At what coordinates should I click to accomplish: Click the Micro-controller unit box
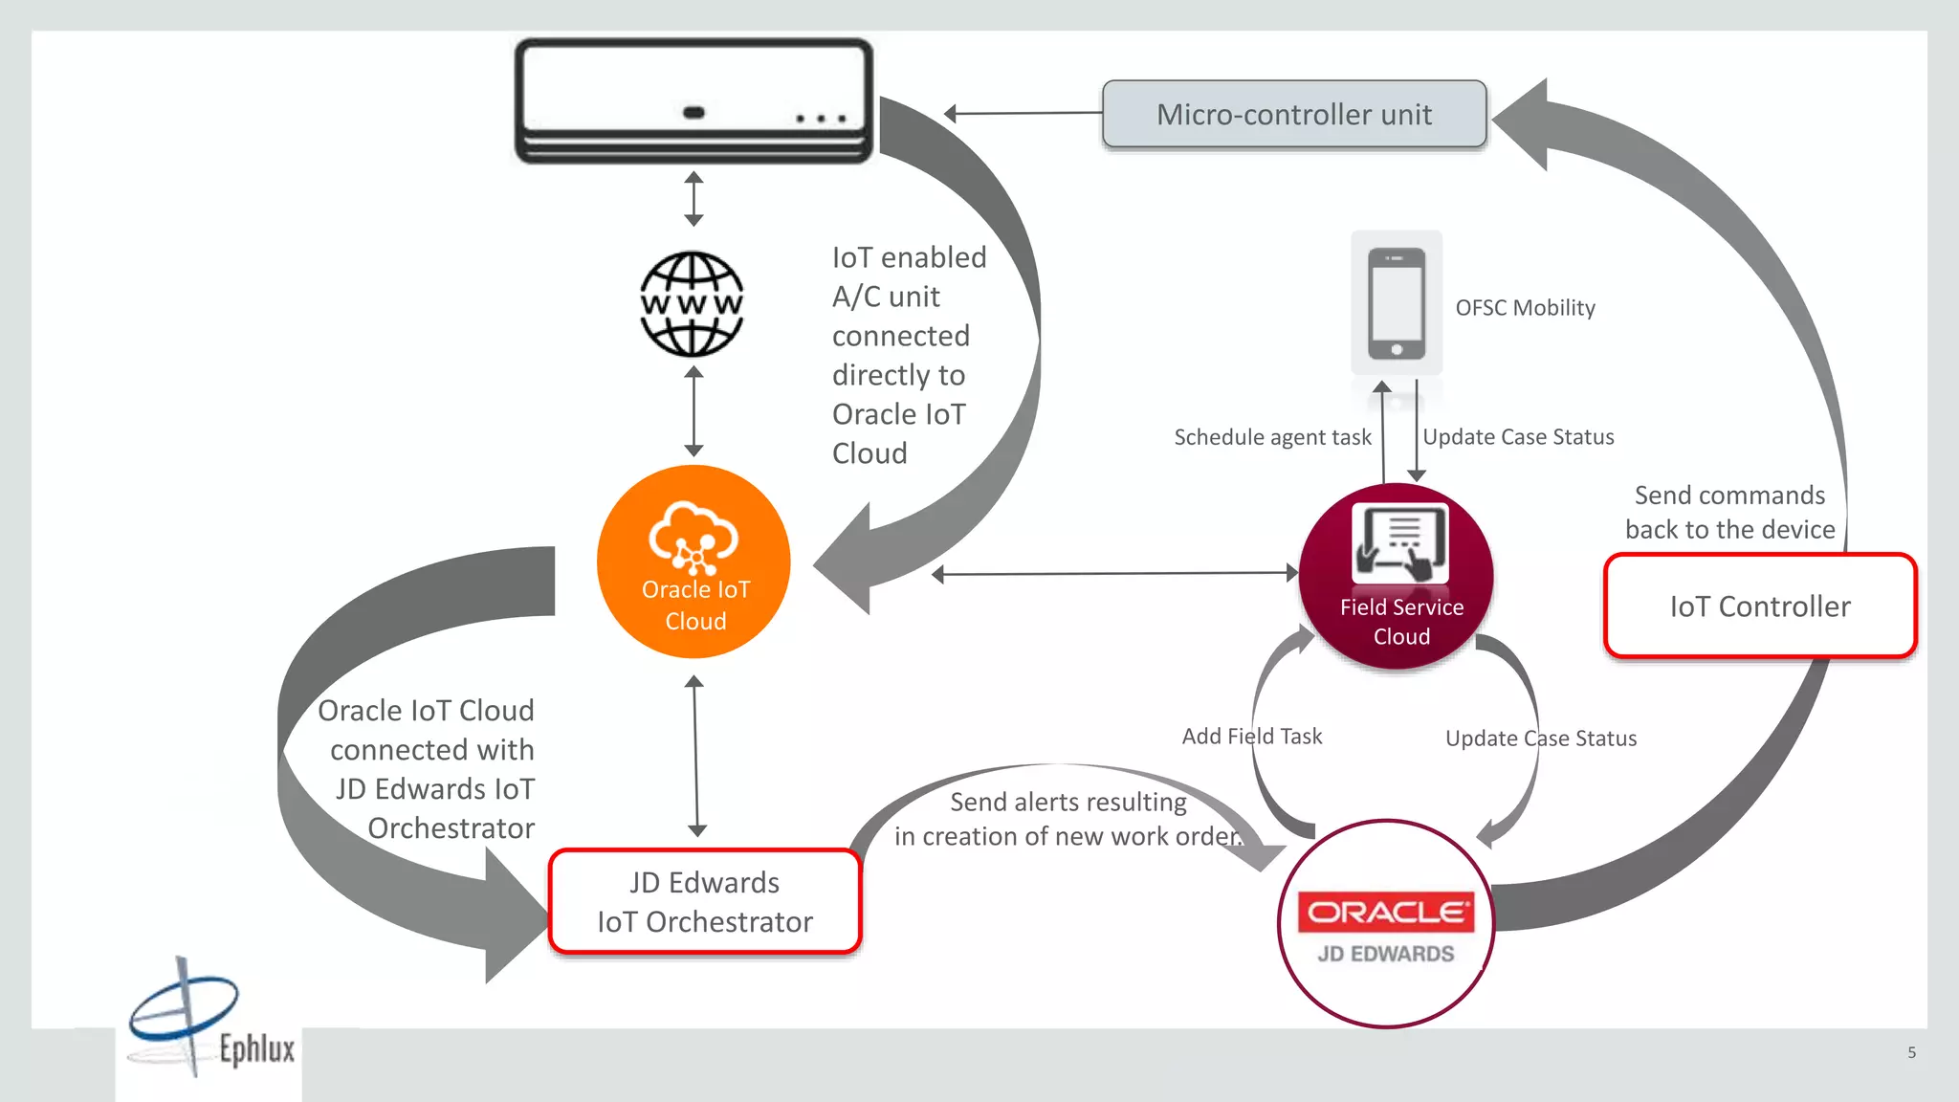coord(1293,115)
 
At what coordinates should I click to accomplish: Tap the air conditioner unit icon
coord(693,100)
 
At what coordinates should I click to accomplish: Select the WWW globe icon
coord(692,304)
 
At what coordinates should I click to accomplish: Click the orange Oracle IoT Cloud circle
coord(694,562)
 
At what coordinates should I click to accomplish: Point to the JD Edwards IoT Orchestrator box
coord(705,902)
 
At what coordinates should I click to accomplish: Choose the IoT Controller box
coord(1760,606)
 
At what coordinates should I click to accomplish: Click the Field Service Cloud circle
coord(1398,577)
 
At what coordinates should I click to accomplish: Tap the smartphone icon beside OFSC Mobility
coord(1397,303)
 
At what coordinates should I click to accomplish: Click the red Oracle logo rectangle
coord(1386,912)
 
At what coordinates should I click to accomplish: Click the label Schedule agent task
coord(1272,437)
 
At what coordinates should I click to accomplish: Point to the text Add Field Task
coord(1251,737)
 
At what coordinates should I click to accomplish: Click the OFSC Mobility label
coord(1525,308)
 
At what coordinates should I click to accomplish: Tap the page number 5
coord(1911,1052)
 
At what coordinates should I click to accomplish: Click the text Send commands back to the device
coord(1729,513)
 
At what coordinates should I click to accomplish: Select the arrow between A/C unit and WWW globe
coord(694,199)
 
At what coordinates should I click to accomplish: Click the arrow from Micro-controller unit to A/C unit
coord(1024,113)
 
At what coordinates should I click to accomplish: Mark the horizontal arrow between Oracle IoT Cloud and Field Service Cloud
coord(1114,574)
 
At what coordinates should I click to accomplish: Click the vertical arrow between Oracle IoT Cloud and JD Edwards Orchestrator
coord(695,756)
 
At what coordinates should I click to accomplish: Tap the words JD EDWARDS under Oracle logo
coord(1386,954)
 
